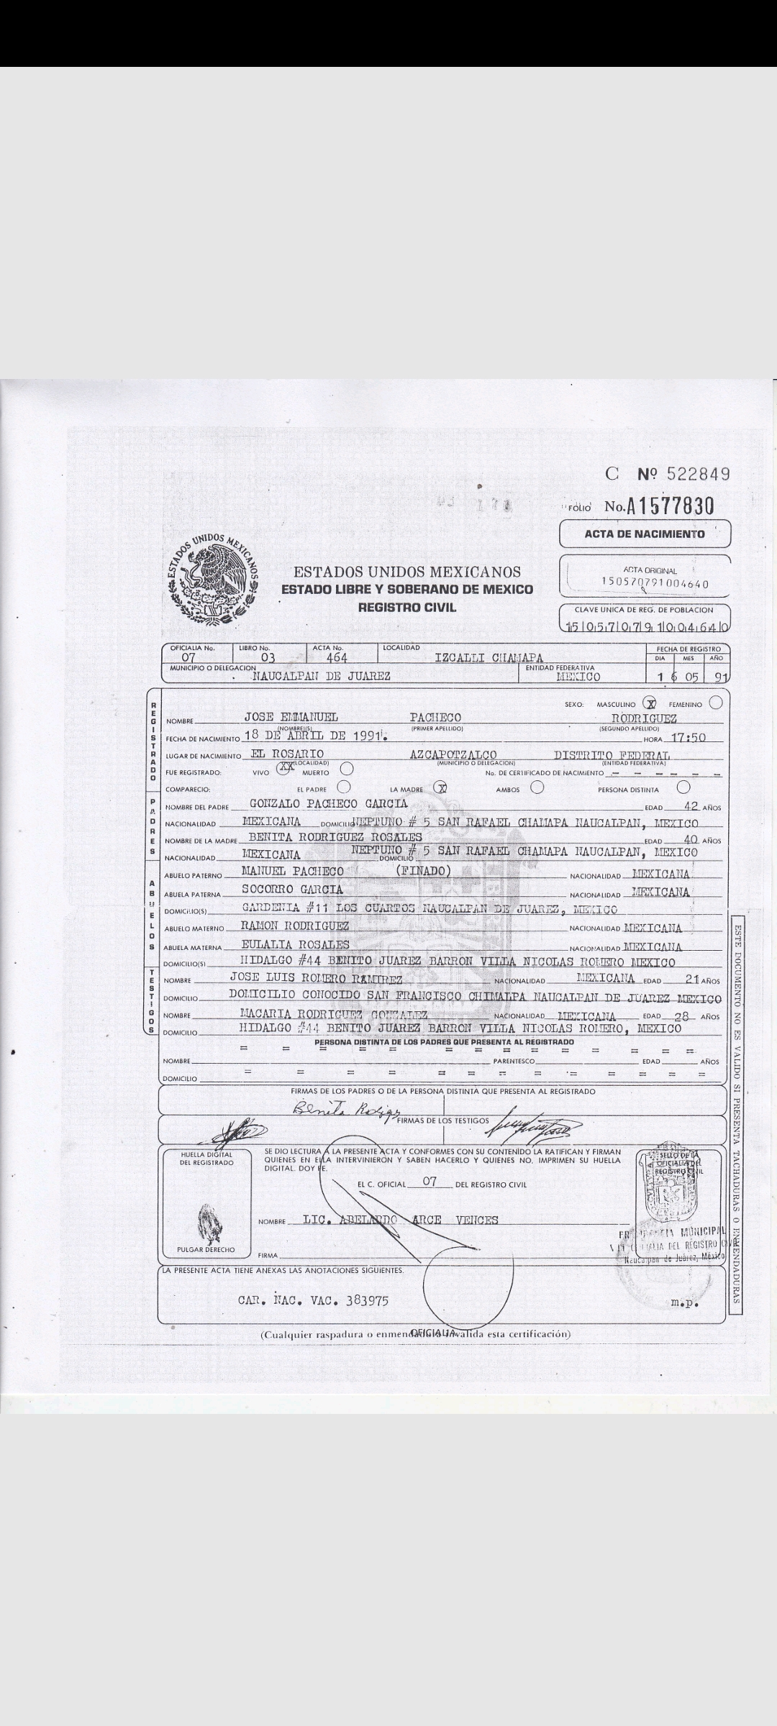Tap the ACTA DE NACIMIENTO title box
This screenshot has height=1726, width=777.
pos(645,534)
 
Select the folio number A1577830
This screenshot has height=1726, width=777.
pos(660,506)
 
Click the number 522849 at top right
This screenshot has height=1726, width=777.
pos(698,474)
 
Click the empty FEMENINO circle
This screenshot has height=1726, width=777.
pos(716,703)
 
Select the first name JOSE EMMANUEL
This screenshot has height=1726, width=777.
pos(291,718)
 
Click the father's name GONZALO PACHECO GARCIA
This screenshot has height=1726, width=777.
pos(328,803)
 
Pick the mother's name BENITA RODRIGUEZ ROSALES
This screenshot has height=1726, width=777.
pos(335,837)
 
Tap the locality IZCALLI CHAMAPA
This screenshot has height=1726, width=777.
pos(489,657)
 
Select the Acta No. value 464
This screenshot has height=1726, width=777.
pos(337,657)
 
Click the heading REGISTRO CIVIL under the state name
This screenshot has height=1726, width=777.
pos(406,607)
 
